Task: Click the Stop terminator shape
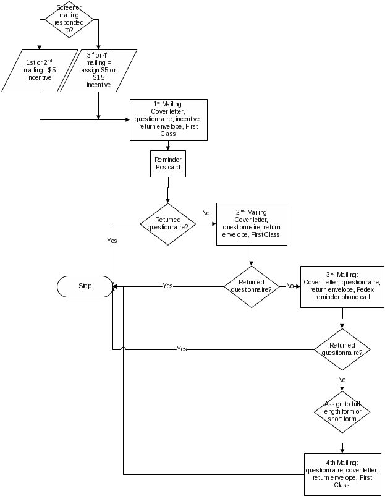pyautogui.click(x=85, y=286)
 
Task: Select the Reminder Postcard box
pyautogui.click(x=168, y=164)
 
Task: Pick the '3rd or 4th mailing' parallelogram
pyautogui.click(x=98, y=71)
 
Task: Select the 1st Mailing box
pyautogui.click(x=168, y=120)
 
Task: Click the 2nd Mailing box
pyautogui.click(x=252, y=224)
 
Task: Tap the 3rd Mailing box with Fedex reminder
pyautogui.click(x=342, y=286)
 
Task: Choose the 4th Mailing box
pyautogui.click(x=342, y=474)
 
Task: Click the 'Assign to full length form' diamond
pyautogui.click(x=342, y=411)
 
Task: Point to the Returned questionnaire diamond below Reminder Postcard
pyautogui.click(x=168, y=223)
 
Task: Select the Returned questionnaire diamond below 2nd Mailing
pyautogui.click(x=251, y=286)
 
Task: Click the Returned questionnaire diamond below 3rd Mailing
pyautogui.click(x=342, y=349)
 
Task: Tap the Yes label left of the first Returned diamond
pyautogui.click(x=112, y=241)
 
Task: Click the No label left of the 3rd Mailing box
pyautogui.click(x=290, y=286)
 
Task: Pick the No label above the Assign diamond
pyautogui.click(x=342, y=380)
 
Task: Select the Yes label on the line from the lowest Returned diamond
pyautogui.click(x=182, y=349)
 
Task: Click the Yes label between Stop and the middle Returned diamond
pyautogui.click(x=167, y=286)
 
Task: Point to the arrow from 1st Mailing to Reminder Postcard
pyautogui.click(x=168, y=145)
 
